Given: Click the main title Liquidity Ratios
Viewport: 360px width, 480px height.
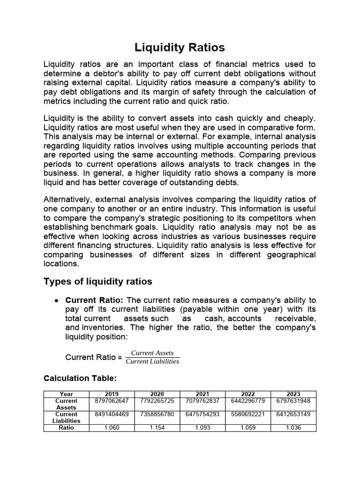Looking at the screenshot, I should (180, 47).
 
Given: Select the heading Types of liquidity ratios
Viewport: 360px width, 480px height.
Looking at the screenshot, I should (97, 281).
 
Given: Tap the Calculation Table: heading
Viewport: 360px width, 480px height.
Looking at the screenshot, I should (79, 378).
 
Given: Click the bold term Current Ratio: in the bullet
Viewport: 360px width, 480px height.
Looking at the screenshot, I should (94, 300).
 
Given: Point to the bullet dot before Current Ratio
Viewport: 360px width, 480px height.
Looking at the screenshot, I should (56, 300).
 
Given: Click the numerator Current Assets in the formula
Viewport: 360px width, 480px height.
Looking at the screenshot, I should (152, 353).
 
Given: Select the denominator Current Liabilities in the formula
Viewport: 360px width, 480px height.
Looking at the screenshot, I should (152, 361).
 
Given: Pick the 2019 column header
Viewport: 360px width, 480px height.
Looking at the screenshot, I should (112, 394).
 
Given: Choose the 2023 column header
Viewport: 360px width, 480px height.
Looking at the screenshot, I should (293, 394).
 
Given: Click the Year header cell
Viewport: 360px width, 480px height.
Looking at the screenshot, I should (67, 394).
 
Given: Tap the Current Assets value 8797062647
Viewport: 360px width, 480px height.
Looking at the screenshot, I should (112, 401).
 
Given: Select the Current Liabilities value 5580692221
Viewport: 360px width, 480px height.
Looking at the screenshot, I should (248, 414).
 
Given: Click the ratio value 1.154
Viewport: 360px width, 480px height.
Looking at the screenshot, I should (157, 427).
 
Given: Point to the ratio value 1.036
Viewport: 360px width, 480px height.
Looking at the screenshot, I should (293, 427).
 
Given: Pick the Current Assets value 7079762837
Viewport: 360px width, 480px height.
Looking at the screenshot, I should (202, 401).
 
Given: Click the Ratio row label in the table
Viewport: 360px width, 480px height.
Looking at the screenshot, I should (67, 427).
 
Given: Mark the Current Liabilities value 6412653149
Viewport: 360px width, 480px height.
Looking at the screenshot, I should (293, 414).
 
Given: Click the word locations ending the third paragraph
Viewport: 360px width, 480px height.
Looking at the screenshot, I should (61, 263).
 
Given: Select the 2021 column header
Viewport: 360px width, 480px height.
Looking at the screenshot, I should (202, 394).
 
